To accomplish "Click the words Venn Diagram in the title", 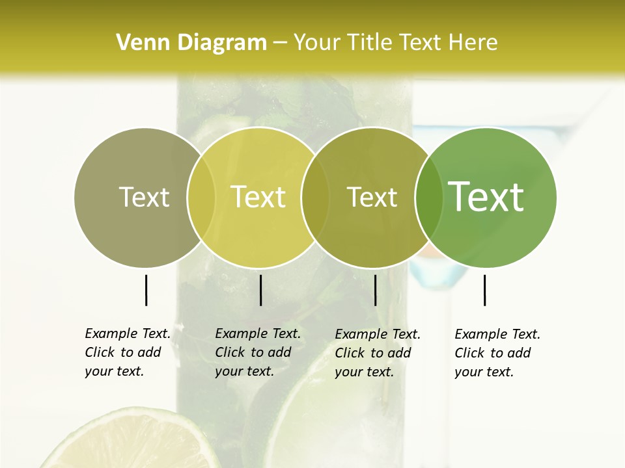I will tap(191, 43).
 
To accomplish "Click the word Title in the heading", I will tap(370, 43).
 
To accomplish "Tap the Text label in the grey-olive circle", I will tap(144, 197).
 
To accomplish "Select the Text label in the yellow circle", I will tap(258, 197).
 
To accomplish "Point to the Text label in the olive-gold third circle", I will tap(372, 197).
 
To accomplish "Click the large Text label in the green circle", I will tap(486, 197).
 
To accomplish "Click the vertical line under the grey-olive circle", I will tap(146, 290).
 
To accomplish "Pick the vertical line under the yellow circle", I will tap(260, 290).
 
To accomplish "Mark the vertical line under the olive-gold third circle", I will tap(375, 290).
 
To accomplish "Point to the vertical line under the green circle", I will tap(484, 290).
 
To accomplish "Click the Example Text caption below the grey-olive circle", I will tap(127, 352).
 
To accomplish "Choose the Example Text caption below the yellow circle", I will tap(257, 352).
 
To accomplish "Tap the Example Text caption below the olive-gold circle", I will tap(377, 353).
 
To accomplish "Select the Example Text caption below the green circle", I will tap(497, 353).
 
